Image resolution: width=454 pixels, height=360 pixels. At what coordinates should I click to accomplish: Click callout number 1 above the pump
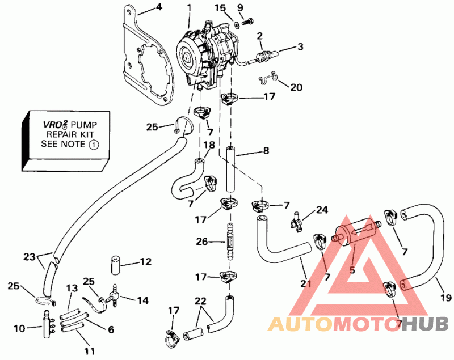[189, 8]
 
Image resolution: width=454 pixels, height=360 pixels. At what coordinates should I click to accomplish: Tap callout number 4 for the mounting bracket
[159, 7]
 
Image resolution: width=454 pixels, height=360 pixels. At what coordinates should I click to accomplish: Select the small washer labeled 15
[237, 25]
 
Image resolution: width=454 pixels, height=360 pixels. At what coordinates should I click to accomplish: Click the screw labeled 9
[247, 21]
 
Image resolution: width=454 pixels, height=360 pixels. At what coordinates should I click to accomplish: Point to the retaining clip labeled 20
[268, 78]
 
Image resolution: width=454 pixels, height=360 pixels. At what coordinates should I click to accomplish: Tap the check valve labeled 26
[230, 242]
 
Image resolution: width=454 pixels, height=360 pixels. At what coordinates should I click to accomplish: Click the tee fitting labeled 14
[112, 295]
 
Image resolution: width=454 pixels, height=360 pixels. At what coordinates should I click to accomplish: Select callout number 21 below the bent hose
[305, 283]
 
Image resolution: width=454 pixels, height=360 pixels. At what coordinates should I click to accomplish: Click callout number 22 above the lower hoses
[200, 301]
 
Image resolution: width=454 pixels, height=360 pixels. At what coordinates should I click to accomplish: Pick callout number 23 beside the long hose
[29, 256]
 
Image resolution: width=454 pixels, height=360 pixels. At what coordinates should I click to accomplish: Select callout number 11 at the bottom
[90, 351]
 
